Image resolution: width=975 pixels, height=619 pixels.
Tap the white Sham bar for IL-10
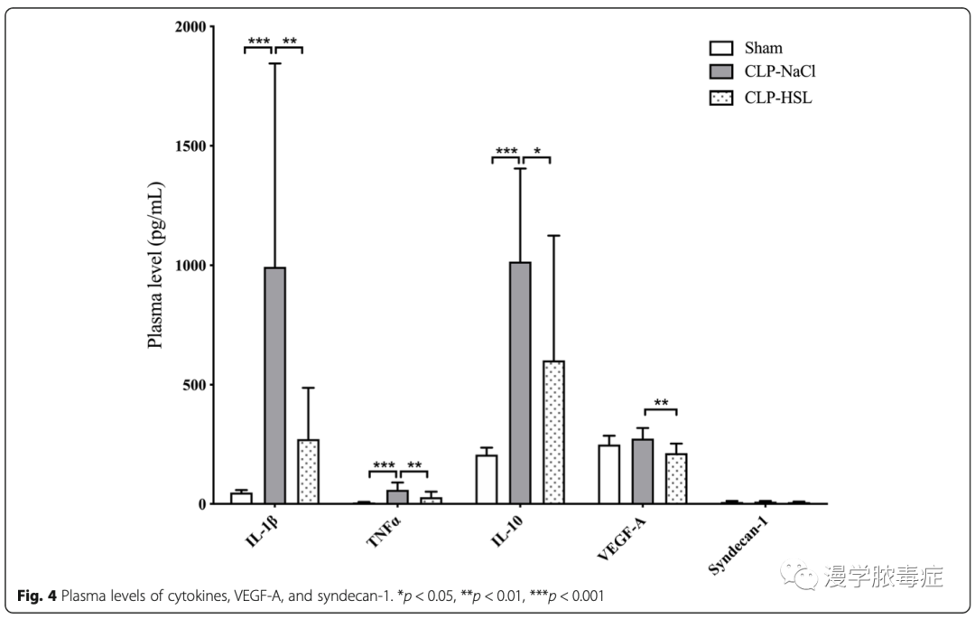coord(487,480)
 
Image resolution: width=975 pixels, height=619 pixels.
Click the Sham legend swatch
coord(720,48)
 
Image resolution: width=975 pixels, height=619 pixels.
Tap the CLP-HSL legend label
coord(778,98)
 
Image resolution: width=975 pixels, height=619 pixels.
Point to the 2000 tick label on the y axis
coord(191,27)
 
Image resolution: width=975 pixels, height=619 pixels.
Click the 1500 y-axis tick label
coord(191,146)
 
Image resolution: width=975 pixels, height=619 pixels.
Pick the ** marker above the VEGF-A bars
coord(662,403)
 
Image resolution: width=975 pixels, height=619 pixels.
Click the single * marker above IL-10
coord(537,151)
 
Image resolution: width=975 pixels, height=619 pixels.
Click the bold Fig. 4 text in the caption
coord(37,596)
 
